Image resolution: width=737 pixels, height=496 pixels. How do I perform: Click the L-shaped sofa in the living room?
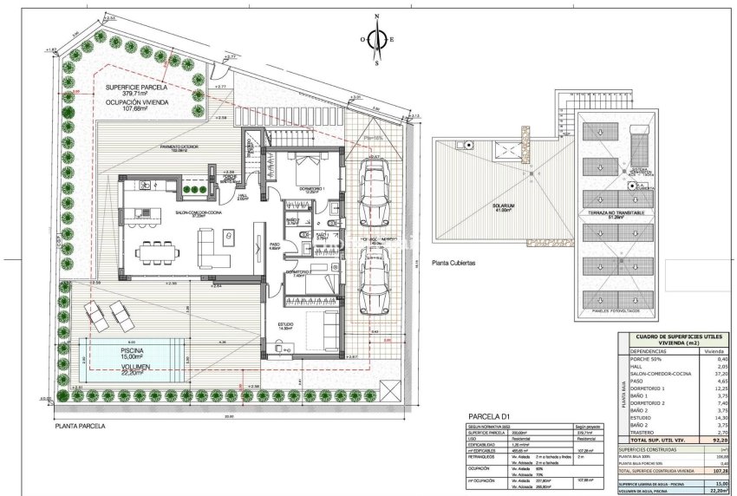(x=217, y=246)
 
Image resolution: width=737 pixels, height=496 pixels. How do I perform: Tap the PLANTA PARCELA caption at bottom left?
(x=80, y=427)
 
